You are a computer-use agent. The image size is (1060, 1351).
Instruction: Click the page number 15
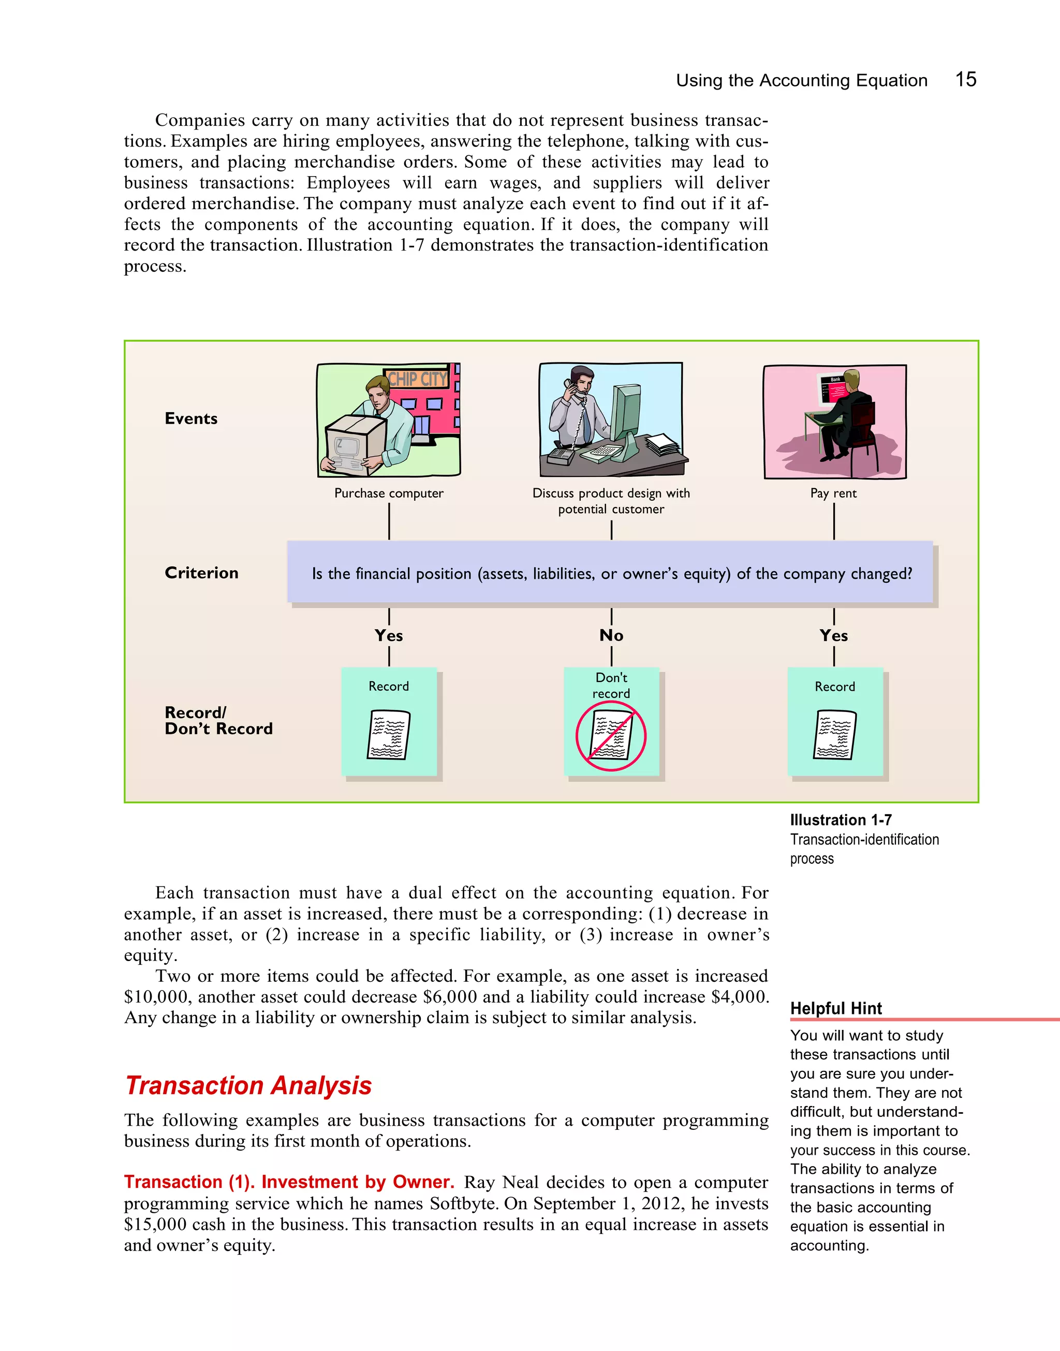coord(965,79)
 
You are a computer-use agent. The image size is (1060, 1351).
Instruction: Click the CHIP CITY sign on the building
coord(417,379)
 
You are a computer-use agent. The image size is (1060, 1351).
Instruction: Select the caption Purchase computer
coord(389,493)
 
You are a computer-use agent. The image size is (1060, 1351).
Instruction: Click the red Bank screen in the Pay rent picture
coord(837,390)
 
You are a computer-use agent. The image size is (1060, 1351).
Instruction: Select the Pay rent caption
coord(833,493)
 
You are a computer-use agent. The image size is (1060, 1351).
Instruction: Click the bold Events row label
coord(191,418)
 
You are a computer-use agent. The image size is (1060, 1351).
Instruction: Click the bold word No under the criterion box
coord(611,635)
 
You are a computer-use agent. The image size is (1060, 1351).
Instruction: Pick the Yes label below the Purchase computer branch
coord(389,635)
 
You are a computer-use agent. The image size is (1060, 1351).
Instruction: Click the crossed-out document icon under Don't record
coord(611,736)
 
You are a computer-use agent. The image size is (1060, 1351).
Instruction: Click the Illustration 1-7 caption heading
coord(841,820)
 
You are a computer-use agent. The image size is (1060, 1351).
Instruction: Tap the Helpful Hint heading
coord(835,1008)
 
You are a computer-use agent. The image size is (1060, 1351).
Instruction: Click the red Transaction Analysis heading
coord(248,1085)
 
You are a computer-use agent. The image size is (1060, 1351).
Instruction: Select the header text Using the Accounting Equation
coord(801,80)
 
